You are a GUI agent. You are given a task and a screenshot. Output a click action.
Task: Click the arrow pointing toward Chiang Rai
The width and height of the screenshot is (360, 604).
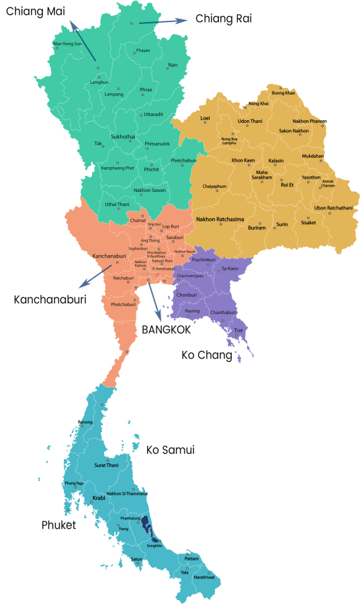point(165,22)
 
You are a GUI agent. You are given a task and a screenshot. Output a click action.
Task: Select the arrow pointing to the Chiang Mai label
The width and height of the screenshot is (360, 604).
point(83,40)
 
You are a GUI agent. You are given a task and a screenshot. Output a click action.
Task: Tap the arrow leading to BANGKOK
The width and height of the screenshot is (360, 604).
point(155,301)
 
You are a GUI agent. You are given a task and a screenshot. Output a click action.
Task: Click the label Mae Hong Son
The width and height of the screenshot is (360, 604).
point(67,44)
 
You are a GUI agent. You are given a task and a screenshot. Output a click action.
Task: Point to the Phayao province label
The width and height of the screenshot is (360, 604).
point(143,50)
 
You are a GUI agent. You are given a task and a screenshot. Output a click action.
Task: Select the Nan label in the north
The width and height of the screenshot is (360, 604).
point(173,65)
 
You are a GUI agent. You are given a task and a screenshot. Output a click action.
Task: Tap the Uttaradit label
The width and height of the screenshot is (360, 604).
point(154,115)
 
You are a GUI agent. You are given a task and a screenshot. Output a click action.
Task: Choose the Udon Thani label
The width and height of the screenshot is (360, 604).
point(250,121)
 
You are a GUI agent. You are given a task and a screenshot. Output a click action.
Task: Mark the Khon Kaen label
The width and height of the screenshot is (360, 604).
point(243,160)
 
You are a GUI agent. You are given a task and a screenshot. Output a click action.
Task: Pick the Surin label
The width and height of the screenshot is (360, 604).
point(282,224)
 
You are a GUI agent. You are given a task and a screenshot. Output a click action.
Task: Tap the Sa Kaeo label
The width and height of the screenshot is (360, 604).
point(230,268)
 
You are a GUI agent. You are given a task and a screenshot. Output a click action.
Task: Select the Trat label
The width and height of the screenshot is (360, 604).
point(238,330)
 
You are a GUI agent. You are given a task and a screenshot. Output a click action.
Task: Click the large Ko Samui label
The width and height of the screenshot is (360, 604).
point(170,450)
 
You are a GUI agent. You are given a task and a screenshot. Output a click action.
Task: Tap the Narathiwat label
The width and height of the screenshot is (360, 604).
point(205,577)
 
